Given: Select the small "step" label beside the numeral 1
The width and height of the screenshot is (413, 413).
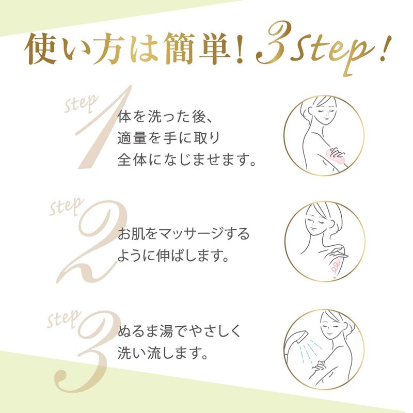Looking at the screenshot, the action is click(x=81, y=103).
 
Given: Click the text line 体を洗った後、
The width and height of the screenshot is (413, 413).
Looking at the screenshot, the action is click(x=165, y=117).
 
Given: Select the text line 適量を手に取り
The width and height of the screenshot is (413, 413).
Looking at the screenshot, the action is click(x=169, y=138).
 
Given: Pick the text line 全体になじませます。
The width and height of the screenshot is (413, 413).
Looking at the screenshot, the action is click(x=187, y=160).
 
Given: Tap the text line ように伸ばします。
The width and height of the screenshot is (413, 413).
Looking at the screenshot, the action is click(x=173, y=256).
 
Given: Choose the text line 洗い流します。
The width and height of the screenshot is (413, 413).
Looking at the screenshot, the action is click(x=162, y=353).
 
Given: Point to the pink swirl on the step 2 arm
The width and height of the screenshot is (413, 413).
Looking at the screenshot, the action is click(x=335, y=266).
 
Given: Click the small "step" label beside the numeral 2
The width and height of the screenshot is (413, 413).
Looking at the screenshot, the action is click(x=67, y=207).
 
